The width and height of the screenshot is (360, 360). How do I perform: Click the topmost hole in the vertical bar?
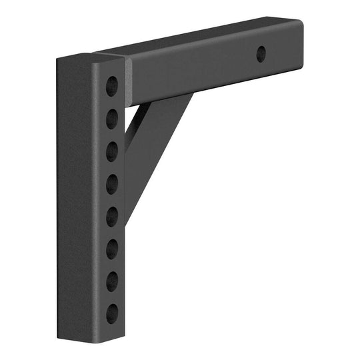[112, 86]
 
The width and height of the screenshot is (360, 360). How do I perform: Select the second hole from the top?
[112, 118]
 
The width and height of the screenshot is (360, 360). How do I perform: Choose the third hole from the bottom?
[112, 247]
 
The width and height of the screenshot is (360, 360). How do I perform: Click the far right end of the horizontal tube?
[300, 50]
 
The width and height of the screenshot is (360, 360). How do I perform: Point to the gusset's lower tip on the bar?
[126, 220]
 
